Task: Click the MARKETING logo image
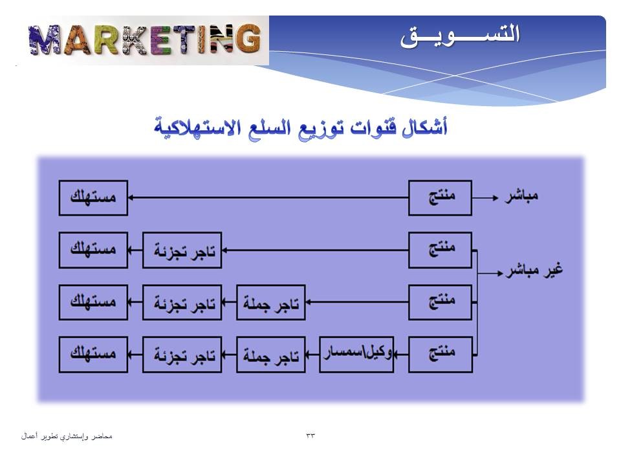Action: click(x=145, y=40)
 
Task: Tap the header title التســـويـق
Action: click(x=460, y=36)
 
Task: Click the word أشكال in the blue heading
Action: click(x=424, y=127)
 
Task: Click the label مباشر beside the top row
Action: click(x=521, y=196)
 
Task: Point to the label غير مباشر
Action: click(x=534, y=271)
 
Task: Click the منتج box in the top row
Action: click(x=440, y=198)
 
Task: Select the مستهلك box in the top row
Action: click(x=93, y=198)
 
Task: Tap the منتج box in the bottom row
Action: click(x=441, y=355)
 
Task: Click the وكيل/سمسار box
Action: click(x=356, y=355)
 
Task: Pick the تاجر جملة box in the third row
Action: click(x=271, y=302)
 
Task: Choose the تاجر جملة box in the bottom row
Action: click(x=271, y=355)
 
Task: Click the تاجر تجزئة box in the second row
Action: click(x=182, y=250)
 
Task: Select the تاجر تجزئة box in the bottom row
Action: click(x=182, y=355)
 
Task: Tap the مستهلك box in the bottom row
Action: click(x=93, y=355)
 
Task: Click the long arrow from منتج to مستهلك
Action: click(x=268, y=197)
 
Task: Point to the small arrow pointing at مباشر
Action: click(x=485, y=197)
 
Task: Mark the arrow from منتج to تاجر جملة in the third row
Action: click(x=357, y=302)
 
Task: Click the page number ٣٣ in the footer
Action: click(x=310, y=436)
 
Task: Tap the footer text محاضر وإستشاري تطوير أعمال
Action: click(x=67, y=436)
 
